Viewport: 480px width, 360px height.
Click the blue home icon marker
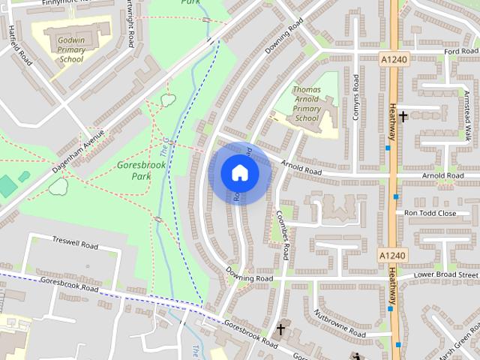click(239, 173)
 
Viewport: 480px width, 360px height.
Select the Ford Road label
click(460, 52)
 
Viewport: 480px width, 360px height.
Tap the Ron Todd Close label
click(430, 213)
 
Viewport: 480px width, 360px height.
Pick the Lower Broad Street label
click(447, 276)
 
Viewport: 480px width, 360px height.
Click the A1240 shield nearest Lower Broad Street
click(391, 256)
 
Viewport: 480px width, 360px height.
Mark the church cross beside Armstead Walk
click(403, 116)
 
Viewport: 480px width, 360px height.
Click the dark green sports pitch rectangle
click(7, 185)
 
